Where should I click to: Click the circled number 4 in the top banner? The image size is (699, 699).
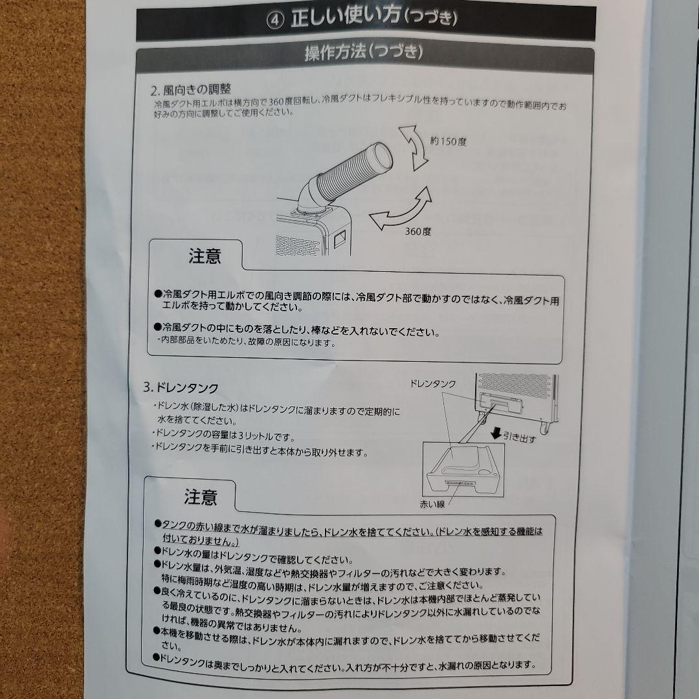point(274,21)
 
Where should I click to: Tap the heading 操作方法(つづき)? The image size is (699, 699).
point(363,52)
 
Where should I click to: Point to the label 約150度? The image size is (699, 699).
point(448,142)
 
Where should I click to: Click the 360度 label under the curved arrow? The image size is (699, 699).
point(417,231)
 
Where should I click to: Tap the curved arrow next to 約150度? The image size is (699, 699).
point(414,148)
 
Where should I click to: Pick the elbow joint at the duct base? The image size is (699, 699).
point(310,195)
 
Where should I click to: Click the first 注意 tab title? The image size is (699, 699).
point(205,256)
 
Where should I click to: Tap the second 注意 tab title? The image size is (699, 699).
point(201,496)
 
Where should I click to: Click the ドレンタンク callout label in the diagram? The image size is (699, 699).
point(433,383)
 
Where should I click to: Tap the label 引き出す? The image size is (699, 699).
point(520,437)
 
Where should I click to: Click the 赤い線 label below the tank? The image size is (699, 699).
point(432,504)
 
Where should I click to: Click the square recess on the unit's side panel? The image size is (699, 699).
point(341,239)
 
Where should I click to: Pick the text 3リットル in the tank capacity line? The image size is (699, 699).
point(255,436)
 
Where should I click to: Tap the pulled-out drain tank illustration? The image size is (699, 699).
point(463,470)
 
